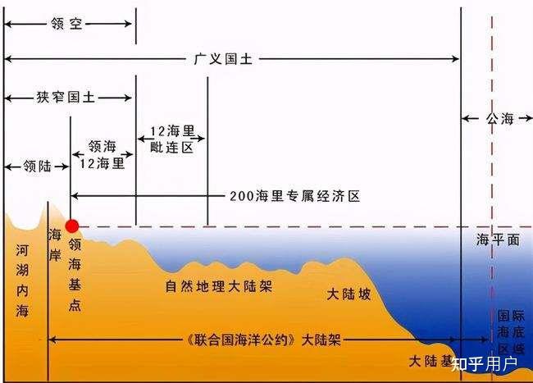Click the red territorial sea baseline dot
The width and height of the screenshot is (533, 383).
[72, 226]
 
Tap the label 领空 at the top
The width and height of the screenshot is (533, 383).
[66, 24]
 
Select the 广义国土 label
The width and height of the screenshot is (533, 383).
[223, 59]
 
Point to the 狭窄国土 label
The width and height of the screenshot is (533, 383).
[66, 98]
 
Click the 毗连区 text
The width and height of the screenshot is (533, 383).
[171, 148]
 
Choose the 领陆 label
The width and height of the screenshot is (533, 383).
[37, 166]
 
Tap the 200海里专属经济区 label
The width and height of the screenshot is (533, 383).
[294, 196]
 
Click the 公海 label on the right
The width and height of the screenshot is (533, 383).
[499, 119]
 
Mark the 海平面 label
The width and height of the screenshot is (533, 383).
[498, 240]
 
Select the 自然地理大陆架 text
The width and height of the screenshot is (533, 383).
[219, 286]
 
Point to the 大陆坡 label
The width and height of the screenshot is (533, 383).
[348, 294]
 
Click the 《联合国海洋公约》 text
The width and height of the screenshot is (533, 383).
[240, 340]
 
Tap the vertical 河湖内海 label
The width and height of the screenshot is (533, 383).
[22, 280]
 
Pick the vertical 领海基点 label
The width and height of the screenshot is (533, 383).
[75, 274]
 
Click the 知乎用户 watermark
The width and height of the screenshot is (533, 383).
[484, 364]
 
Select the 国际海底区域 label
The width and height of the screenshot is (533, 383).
[511, 331]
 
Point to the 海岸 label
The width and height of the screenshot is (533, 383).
[55, 244]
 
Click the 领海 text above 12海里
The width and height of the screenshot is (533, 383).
[102, 147]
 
